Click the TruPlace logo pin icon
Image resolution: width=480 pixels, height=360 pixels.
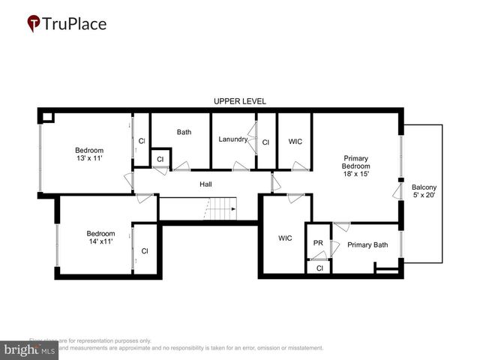coord(34,24)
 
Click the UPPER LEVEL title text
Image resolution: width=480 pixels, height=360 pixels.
coord(239,100)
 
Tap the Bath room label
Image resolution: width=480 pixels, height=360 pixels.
coord(184,132)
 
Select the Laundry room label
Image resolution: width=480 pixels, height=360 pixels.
coord(233,139)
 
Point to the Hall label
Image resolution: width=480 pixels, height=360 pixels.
coord(205,184)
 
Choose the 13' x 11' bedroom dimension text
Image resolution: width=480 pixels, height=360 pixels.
coord(88,158)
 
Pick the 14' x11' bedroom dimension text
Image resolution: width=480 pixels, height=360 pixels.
coord(99,241)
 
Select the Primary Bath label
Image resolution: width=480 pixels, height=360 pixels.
coord(367,244)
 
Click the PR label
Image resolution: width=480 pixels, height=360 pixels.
coord(318,244)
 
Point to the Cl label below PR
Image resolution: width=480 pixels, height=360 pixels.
coord(319,268)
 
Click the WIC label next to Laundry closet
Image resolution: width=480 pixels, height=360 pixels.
coord(295,141)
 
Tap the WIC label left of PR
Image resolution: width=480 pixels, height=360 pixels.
coord(285,238)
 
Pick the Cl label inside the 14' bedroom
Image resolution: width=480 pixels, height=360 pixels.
coord(145,250)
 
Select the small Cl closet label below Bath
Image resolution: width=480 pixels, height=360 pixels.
coord(160,159)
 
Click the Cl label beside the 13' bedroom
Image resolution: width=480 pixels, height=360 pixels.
coord(142,141)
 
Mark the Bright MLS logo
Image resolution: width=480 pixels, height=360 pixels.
coord(29,349)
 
